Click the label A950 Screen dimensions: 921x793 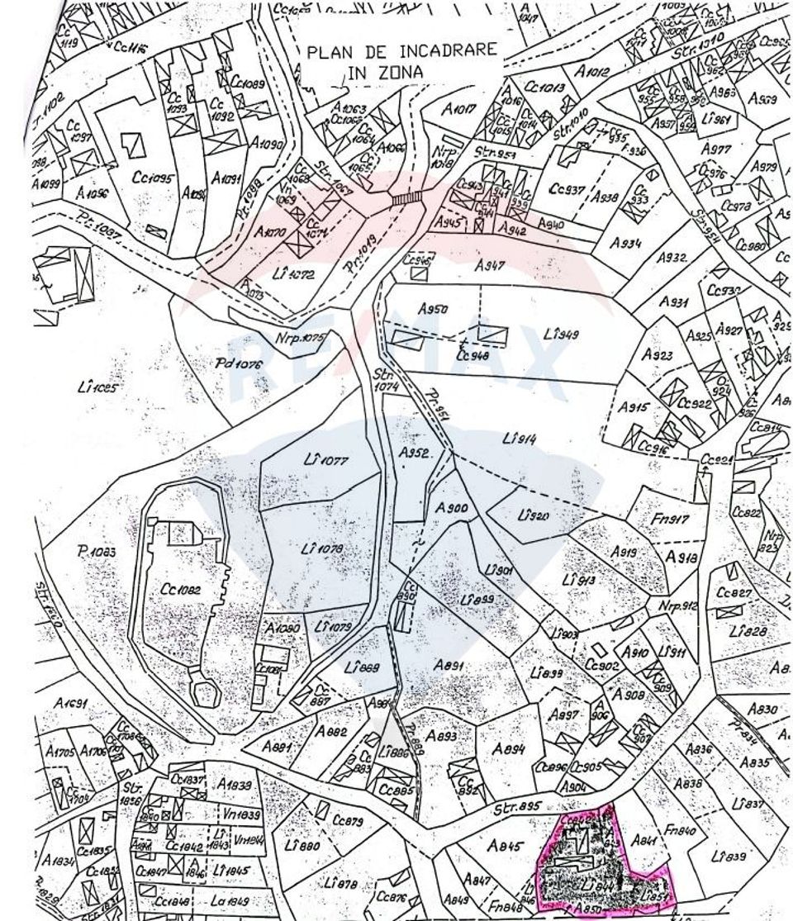click(x=433, y=308)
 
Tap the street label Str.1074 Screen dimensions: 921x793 click(x=386, y=379)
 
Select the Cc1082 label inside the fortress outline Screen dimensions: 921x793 click(x=178, y=590)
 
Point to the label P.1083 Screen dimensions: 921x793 click(x=97, y=552)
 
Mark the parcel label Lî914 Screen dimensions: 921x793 click(x=519, y=439)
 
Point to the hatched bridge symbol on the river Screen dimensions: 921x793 click(x=406, y=198)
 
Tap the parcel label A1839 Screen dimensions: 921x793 click(x=236, y=785)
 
